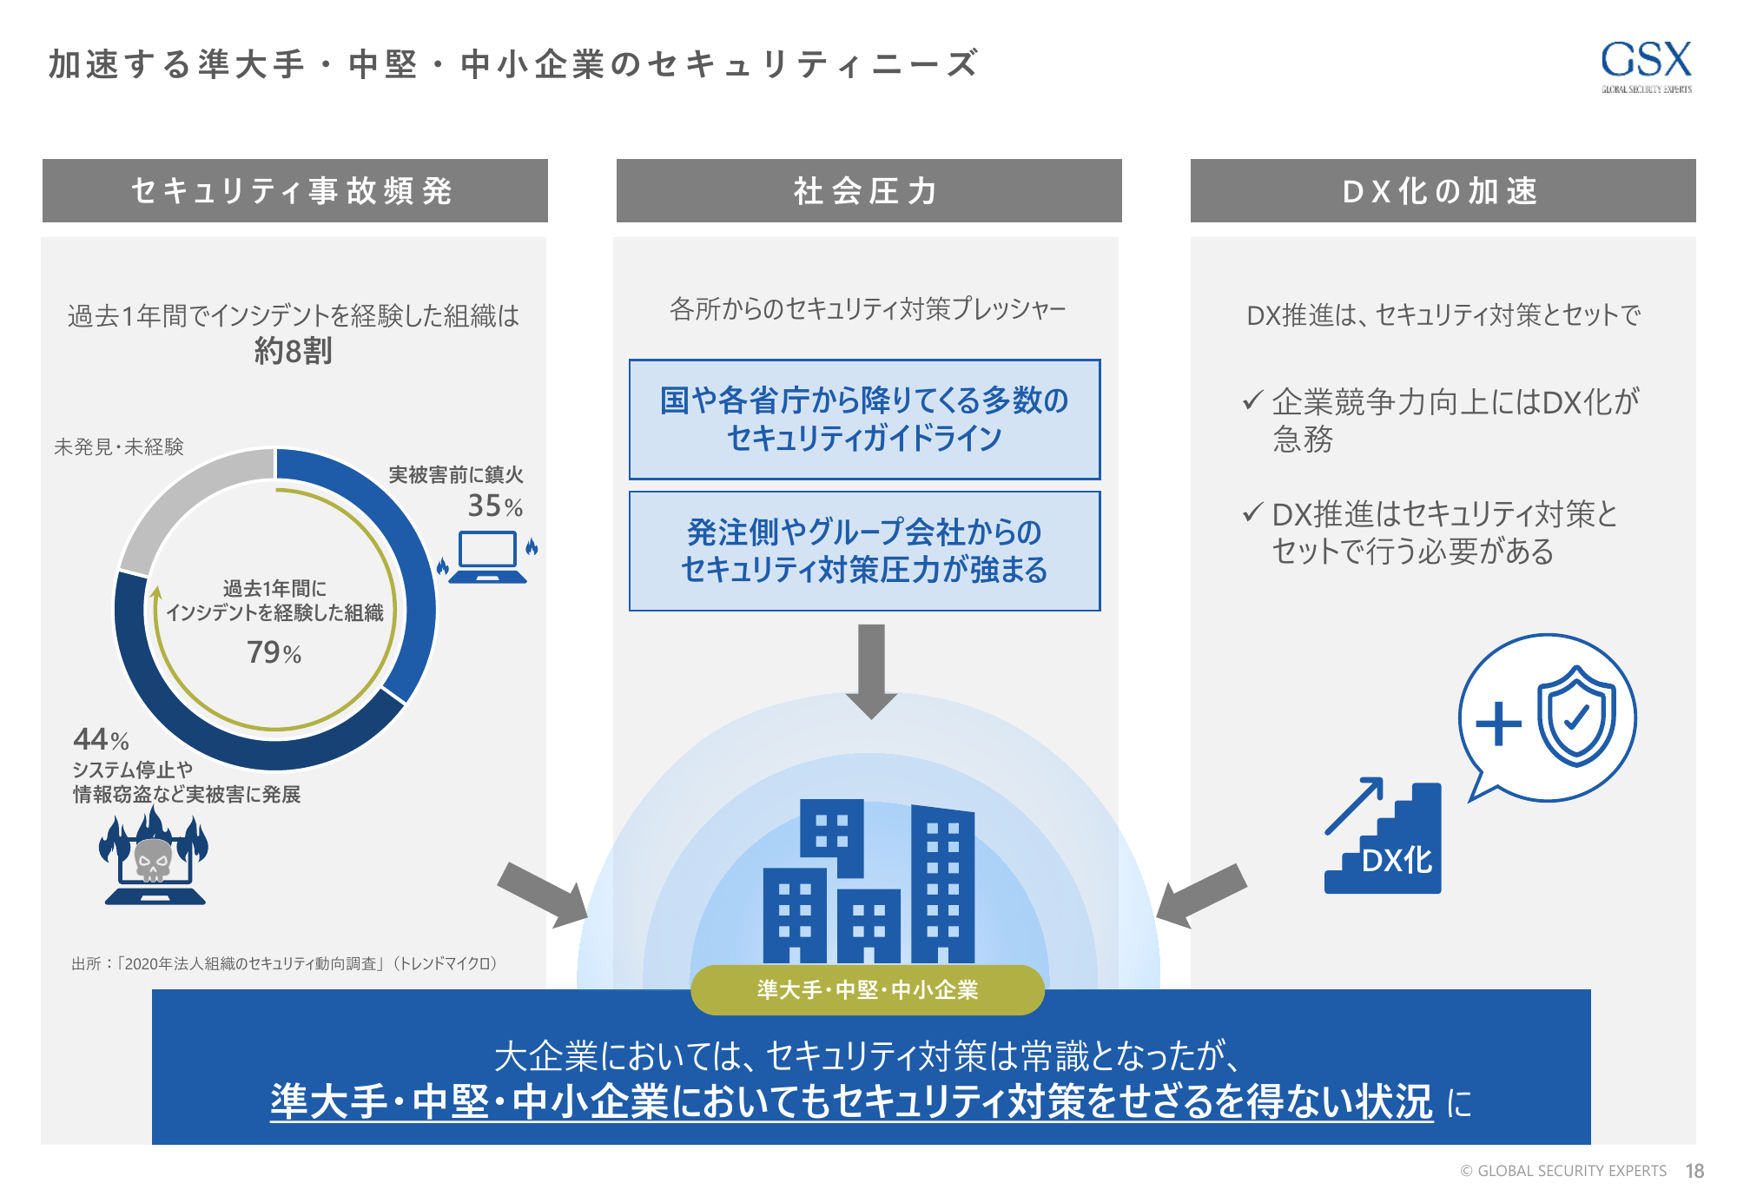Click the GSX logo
[x=1646, y=66]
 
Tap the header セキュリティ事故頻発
[x=295, y=190]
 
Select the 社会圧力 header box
[x=868, y=190]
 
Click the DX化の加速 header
[x=1443, y=190]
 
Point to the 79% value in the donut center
[x=274, y=652]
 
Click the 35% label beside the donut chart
[x=495, y=506]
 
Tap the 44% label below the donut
[x=101, y=739]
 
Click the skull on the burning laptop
[x=153, y=859]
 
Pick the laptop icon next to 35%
[x=488, y=557]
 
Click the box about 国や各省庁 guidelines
[x=864, y=420]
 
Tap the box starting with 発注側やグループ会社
[x=864, y=552]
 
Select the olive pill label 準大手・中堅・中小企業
[x=868, y=990]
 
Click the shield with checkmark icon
[x=1576, y=717]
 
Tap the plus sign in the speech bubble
[x=1498, y=723]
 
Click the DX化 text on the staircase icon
[x=1397, y=860]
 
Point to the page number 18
[x=1694, y=1171]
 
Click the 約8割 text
[x=294, y=351]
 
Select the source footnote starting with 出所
[x=284, y=963]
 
